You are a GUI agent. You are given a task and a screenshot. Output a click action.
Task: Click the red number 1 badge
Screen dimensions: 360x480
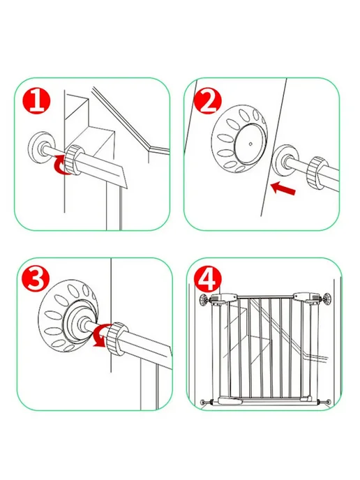tap(37, 102)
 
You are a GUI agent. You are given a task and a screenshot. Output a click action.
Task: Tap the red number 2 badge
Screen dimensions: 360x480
tap(208, 101)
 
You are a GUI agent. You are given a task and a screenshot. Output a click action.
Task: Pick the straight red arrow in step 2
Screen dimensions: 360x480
tap(283, 188)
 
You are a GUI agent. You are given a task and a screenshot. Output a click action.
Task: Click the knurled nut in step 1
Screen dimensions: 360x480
tap(75, 160)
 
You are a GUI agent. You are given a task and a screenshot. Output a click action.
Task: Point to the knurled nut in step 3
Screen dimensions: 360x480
tap(117, 339)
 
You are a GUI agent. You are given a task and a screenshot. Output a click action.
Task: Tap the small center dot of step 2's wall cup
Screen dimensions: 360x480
tap(250, 143)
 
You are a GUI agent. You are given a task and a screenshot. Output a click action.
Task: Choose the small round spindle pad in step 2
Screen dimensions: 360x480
tap(285, 160)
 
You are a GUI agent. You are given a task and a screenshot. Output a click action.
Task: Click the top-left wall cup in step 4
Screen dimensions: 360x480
tap(204, 300)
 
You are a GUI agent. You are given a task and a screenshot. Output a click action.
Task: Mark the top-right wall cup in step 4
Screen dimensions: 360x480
tap(327, 299)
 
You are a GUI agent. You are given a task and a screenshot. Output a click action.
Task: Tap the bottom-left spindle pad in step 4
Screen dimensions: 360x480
tap(202, 403)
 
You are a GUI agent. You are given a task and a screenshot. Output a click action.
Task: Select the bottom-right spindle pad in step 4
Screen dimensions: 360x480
tap(328, 401)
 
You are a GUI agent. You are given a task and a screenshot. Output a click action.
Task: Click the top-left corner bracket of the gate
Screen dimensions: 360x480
tap(225, 299)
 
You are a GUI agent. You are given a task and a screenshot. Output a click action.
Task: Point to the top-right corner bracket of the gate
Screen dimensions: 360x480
tap(307, 298)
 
